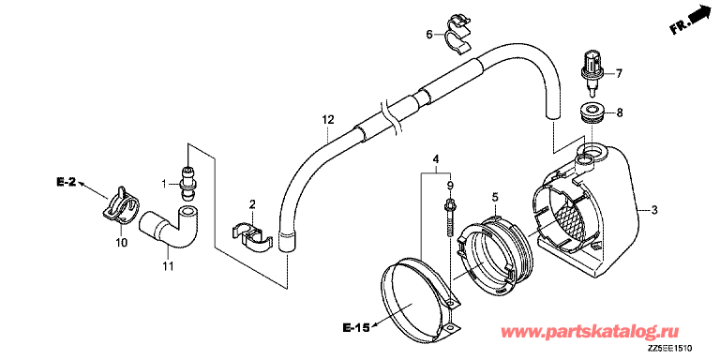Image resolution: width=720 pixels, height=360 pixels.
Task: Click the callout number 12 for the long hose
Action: tap(327, 120)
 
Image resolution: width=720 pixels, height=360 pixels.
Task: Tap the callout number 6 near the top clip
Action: tap(429, 35)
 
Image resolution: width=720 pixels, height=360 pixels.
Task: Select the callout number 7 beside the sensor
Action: tap(619, 73)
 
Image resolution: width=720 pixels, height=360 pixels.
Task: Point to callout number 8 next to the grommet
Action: tap(619, 112)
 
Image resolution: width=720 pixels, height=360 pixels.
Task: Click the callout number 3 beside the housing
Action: tap(654, 210)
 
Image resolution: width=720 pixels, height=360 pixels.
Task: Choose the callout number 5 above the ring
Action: tap(495, 198)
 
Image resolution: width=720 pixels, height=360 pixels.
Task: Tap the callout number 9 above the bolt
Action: tap(450, 186)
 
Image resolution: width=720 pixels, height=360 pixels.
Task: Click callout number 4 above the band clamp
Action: tap(436, 159)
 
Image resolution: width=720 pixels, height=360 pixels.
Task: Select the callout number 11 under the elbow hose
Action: tap(169, 266)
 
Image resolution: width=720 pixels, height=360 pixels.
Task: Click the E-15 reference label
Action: tap(356, 327)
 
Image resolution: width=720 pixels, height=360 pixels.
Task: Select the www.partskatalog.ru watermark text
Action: tap(592, 332)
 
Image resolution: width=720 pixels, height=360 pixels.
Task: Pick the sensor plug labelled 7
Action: tap(591, 74)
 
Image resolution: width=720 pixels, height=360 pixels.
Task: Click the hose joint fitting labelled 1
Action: tap(187, 184)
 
